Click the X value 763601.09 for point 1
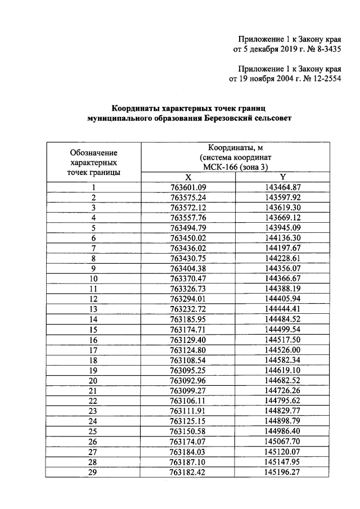(188, 187)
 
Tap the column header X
(188, 177)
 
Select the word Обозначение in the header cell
(93, 152)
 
